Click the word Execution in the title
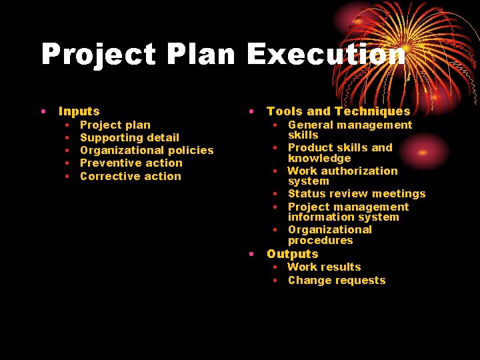click(326, 55)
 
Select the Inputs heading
click(79, 111)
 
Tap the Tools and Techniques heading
click(338, 111)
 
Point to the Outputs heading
click(292, 254)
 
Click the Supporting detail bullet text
click(129, 137)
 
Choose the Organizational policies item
click(147, 150)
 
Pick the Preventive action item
click(131, 163)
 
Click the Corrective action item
click(130, 176)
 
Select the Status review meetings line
click(356, 193)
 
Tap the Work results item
click(324, 267)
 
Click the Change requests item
click(337, 280)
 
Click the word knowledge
click(319, 158)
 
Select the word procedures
click(320, 240)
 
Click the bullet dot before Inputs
click(43, 111)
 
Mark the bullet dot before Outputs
click(251, 254)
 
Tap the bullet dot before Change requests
click(275, 280)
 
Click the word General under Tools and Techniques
click(310, 125)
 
